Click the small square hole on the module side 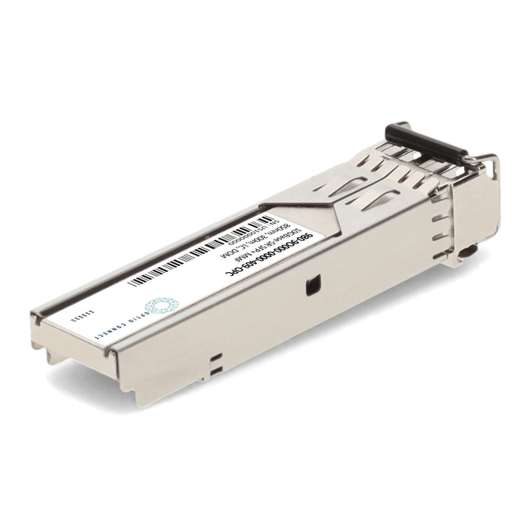[310, 286]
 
